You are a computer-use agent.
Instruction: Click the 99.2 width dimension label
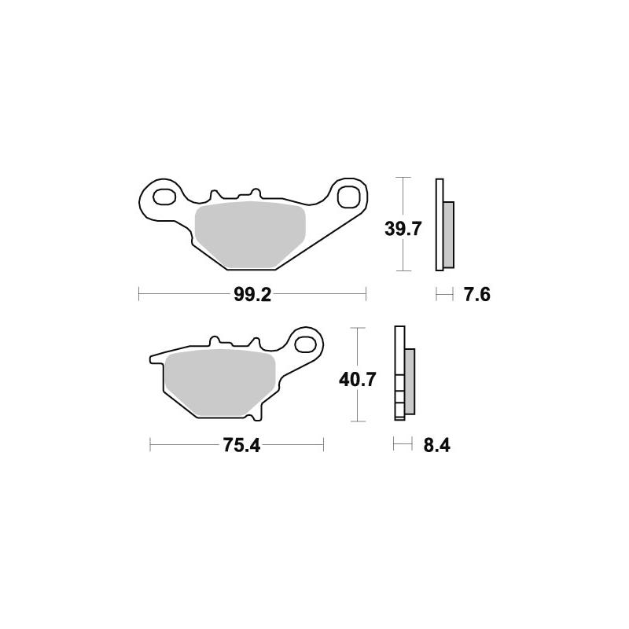click(253, 295)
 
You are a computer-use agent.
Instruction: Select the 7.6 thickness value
click(477, 295)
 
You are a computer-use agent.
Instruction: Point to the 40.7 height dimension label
click(358, 379)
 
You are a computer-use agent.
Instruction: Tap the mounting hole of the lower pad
click(306, 344)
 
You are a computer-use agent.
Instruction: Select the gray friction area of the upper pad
click(249, 232)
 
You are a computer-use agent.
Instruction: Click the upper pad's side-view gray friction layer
click(448, 234)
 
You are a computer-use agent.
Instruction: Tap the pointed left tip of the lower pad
click(152, 361)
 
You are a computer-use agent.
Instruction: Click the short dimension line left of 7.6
click(445, 295)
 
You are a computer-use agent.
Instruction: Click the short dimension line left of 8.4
click(403, 446)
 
